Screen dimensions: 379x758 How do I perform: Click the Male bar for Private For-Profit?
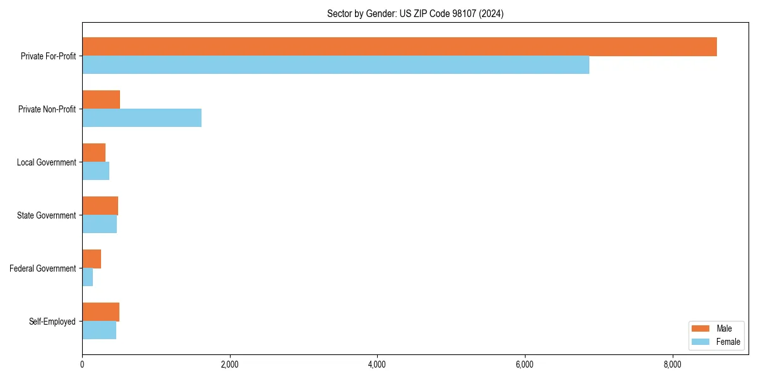click(399, 47)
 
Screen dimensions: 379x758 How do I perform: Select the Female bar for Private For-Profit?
click(335, 64)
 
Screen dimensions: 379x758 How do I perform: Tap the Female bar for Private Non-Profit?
click(141, 117)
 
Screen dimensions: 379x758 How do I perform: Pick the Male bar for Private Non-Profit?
click(101, 100)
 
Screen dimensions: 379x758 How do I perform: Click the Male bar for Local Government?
click(93, 153)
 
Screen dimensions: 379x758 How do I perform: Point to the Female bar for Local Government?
click(95, 171)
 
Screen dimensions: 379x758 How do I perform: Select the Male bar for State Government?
click(100, 206)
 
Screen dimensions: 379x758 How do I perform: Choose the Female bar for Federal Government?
click(87, 277)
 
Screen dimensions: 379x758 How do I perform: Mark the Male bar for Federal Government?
click(92, 259)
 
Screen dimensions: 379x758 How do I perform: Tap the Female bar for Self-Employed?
click(99, 330)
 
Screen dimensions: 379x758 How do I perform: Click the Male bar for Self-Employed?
click(100, 312)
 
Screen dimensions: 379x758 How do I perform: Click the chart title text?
click(415, 13)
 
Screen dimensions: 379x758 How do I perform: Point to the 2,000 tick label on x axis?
click(229, 364)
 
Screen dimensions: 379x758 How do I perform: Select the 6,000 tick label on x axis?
click(525, 364)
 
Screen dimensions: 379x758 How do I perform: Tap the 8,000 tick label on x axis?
click(672, 364)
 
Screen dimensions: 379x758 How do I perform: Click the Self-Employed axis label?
click(52, 322)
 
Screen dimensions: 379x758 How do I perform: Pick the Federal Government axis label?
click(42, 268)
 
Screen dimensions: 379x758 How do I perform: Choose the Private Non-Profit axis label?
click(47, 109)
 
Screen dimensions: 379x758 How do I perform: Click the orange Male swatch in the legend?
click(701, 328)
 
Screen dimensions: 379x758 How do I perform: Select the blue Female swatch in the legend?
click(701, 342)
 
